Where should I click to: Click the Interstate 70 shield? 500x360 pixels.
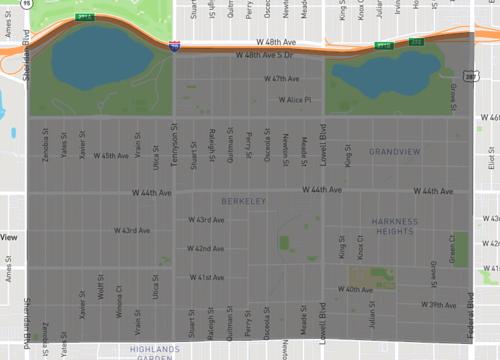point(175,46)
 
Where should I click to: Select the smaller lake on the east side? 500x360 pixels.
point(385,71)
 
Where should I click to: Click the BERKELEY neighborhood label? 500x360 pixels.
point(245,202)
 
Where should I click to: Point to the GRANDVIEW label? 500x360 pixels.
point(395,151)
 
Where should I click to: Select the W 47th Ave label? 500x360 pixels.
point(282,78)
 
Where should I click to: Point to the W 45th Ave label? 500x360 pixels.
point(111,155)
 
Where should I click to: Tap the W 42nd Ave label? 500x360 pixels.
point(207,248)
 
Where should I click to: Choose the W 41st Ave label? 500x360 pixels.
point(207,277)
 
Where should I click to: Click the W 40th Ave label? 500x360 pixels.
point(355,289)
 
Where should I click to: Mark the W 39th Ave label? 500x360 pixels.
point(438,304)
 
